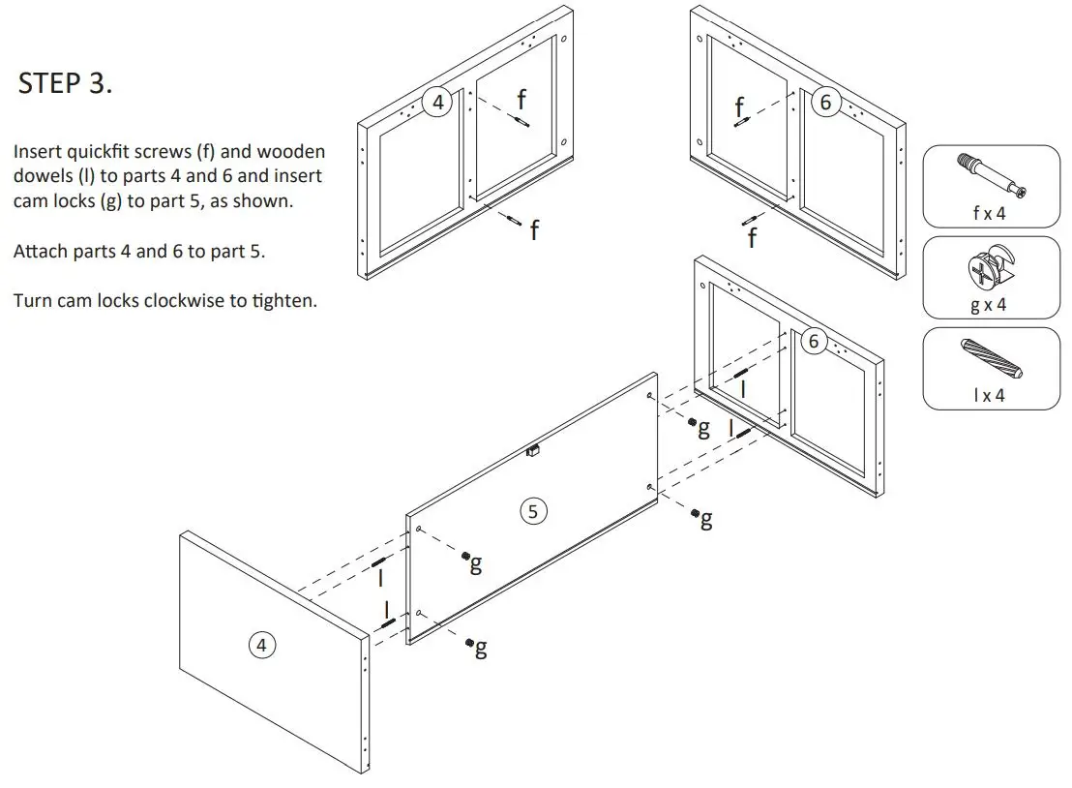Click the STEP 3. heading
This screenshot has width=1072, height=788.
65,83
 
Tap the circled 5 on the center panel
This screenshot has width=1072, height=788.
533,510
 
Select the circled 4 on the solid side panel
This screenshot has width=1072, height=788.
261,644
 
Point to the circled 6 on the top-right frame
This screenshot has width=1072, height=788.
824,103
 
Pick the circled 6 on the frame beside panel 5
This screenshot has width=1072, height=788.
813,341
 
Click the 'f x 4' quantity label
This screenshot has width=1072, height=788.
989,213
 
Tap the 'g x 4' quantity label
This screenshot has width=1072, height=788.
989,304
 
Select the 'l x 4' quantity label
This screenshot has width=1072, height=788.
989,395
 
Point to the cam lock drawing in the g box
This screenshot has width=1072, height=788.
988,269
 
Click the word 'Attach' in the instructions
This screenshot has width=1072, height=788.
39,252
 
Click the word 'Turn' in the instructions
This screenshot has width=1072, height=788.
31,300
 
